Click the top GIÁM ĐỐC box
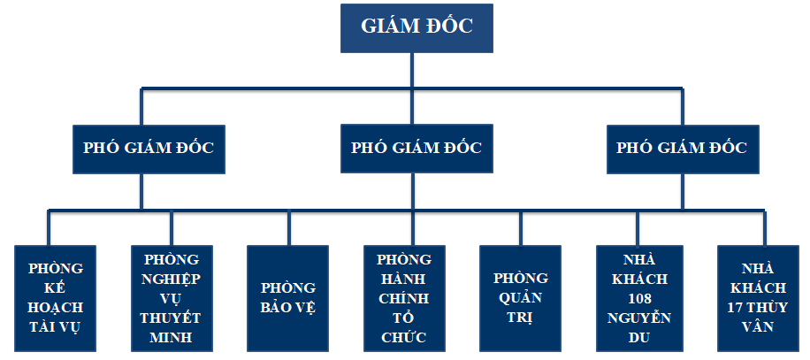(416, 27)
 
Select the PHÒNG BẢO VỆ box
(288, 298)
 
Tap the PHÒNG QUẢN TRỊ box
(520, 298)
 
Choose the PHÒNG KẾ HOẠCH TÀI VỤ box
(56, 298)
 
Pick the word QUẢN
(520, 298)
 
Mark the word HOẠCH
(56, 307)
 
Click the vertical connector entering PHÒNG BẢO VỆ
(288, 228)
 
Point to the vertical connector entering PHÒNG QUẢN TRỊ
(520, 228)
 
